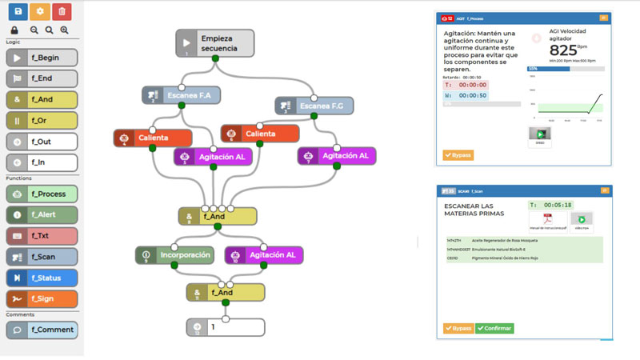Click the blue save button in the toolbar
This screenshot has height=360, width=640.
(17, 11)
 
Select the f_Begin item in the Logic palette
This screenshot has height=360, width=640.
(42, 58)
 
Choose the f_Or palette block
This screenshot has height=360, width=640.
(42, 121)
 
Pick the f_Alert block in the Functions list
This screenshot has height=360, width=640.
(42, 214)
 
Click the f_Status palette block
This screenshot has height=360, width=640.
(42, 278)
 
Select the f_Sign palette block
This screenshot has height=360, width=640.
(42, 298)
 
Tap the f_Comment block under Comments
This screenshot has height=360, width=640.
(42, 329)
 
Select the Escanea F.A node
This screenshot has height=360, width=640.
(182, 96)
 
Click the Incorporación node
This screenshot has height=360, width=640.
(174, 255)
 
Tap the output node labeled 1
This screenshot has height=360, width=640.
(225, 327)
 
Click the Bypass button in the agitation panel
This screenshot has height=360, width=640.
(458, 154)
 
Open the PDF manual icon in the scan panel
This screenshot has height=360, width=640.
(549, 221)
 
